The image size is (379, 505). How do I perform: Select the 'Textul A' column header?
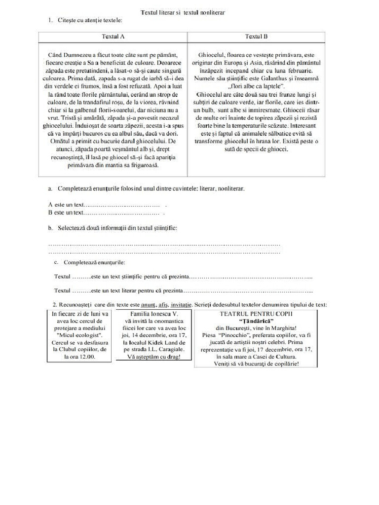(113, 37)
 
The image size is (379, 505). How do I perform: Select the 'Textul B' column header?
(256, 37)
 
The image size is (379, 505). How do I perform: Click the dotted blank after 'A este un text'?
(122, 205)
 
